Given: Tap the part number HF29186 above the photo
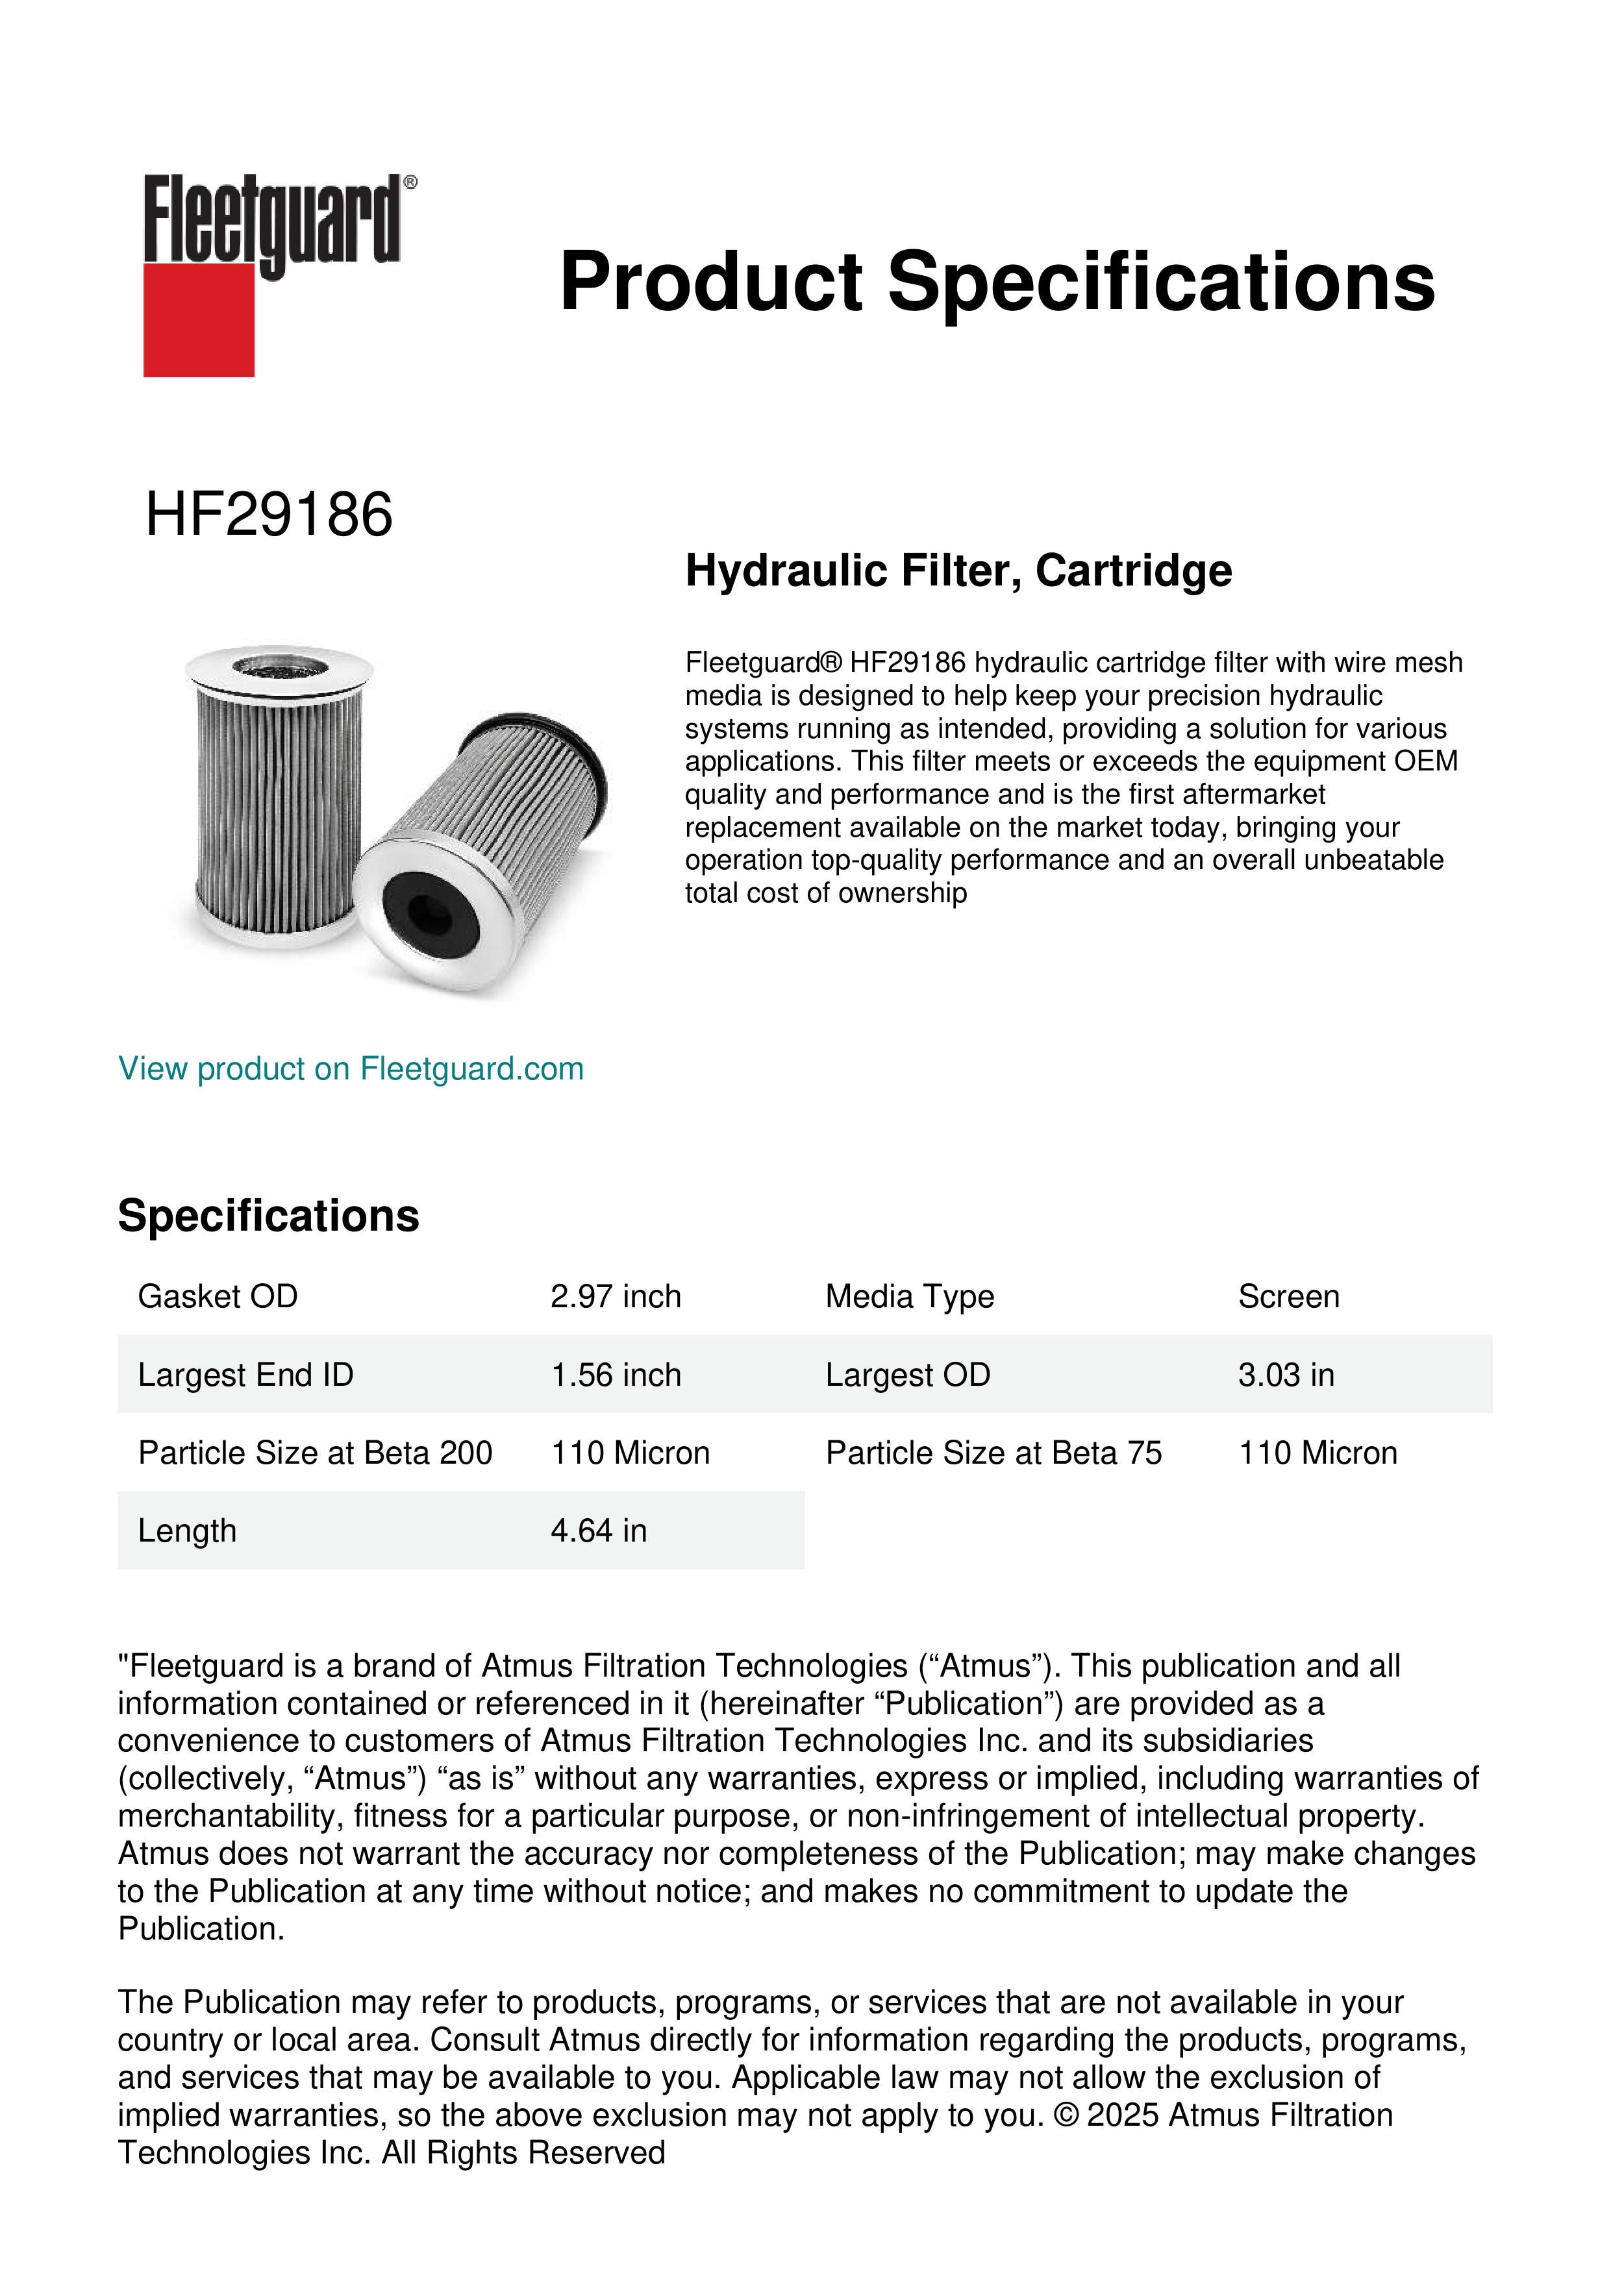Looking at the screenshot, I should click(x=269, y=515).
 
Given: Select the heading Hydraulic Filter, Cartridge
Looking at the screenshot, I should click(x=958, y=571).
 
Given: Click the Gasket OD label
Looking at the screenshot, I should click(x=218, y=1296).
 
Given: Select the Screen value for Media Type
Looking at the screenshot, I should click(x=1288, y=1296).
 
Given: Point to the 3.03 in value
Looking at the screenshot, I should click(x=1286, y=1375).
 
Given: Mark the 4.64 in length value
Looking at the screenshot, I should click(x=598, y=1531).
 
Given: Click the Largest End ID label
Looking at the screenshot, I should click(x=245, y=1375).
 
